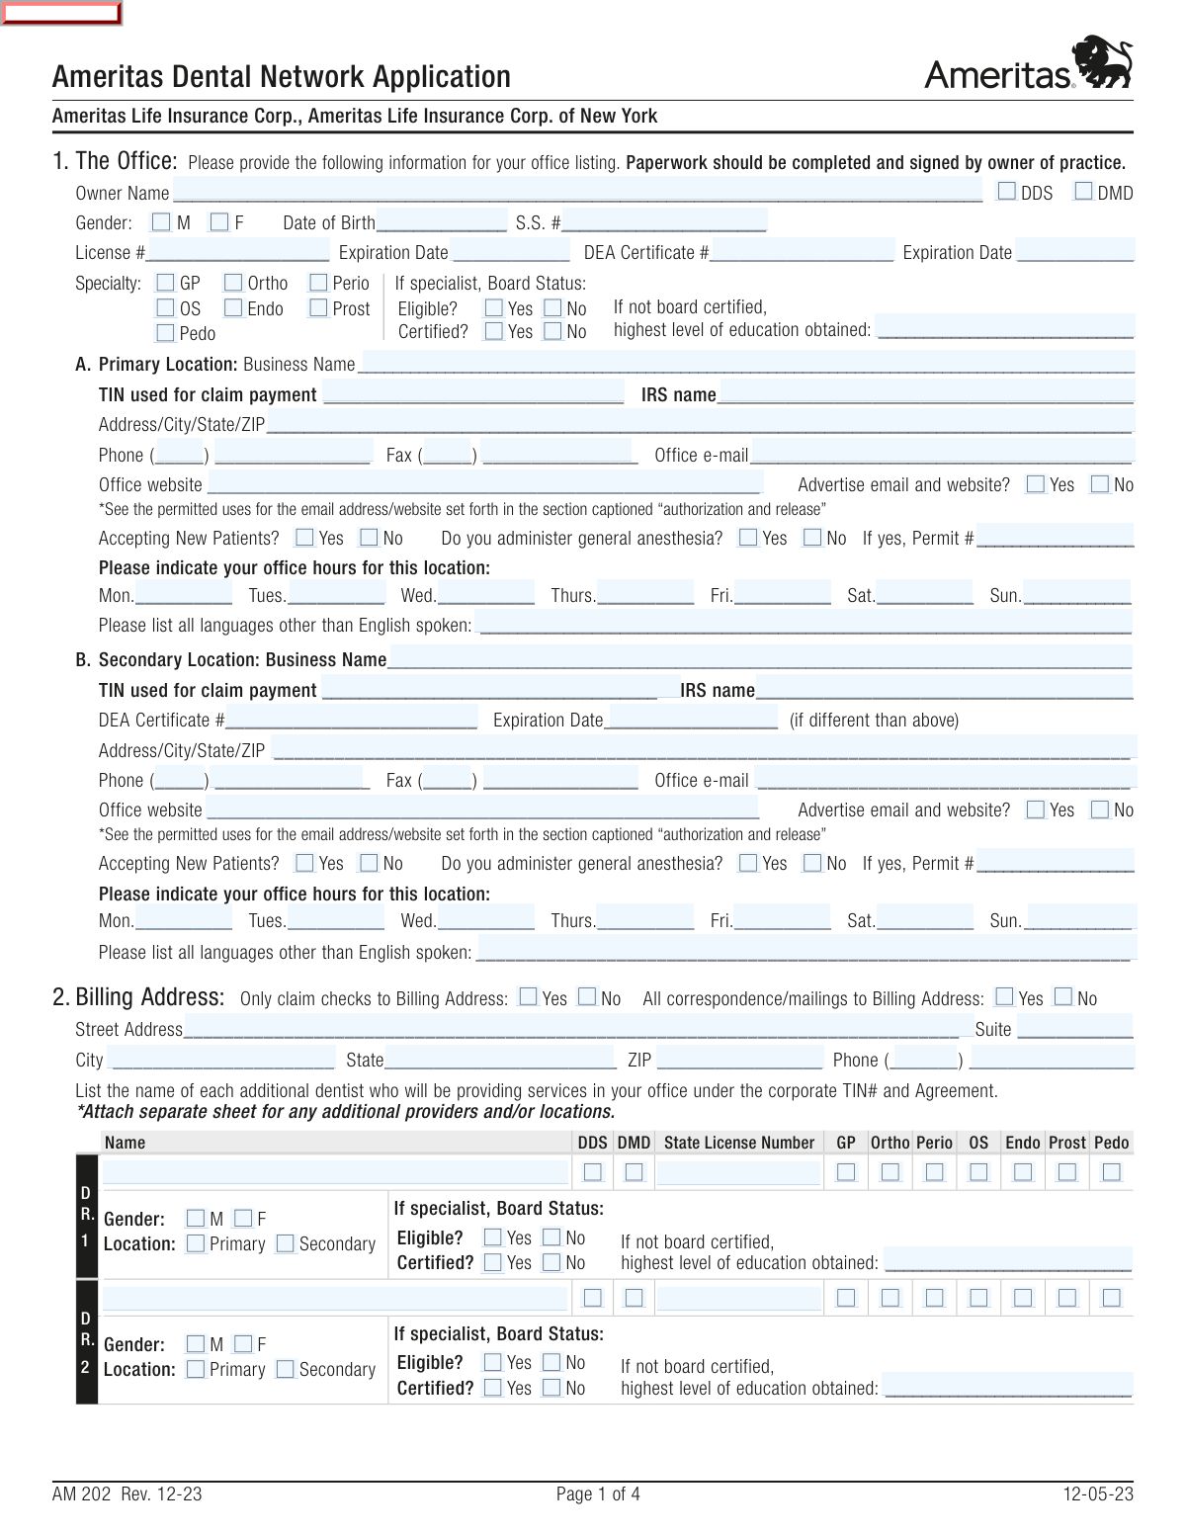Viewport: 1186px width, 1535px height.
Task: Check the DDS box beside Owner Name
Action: click(x=1007, y=192)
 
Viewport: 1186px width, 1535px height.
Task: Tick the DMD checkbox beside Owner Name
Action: click(x=1084, y=192)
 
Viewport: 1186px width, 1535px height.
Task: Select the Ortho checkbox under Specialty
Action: click(x=233, y=283)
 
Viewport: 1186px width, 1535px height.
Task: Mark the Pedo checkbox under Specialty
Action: click(x=166, y=333)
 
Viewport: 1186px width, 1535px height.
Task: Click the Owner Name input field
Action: click(x=577, y=192)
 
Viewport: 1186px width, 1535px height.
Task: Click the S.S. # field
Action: click(x=664, y=221)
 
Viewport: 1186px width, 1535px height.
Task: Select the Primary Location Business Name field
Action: click(x=747, y=363)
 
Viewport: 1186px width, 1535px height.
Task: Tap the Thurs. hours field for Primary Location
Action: click(x=645, y=594)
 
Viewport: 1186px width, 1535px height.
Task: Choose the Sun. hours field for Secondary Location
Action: click(x=1079, y=919)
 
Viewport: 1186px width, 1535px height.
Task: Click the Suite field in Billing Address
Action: click(x=1074, y=1028)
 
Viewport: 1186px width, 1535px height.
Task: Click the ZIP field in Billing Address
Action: click(x=739, y=1059)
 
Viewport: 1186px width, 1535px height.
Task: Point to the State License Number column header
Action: click(x=739, y=1143)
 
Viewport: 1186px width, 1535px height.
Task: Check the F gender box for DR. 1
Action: click(x=243, y=1219)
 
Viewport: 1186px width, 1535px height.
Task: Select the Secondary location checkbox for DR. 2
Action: click(x=286, y=1369)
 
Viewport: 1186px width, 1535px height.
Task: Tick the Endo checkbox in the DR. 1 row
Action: click(x=1023, y=1172)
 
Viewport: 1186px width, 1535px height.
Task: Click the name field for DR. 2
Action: click(x=336, y=1297)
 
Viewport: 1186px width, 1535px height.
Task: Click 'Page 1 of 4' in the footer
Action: click(x=598, y=1493)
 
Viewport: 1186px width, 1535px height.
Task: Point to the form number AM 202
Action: click(x=82, y=1493)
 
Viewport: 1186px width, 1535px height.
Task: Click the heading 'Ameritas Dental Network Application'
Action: click(x=282, y=77)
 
